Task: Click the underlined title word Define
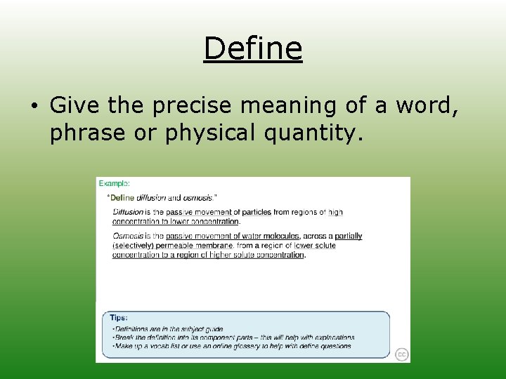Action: (x=253, y=48)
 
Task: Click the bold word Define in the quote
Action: (x=122, y=198)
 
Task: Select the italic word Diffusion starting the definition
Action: (x=128, y=212)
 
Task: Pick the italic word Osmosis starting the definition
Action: (x=127, y=237)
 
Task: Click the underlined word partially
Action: (x=349, y=237)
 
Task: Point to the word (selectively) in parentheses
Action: (x=134, y=246)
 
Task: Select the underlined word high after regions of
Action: (x=335, y=212)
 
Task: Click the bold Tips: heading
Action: (x=119, y=318)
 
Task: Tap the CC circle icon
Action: (x=401, y=354)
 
